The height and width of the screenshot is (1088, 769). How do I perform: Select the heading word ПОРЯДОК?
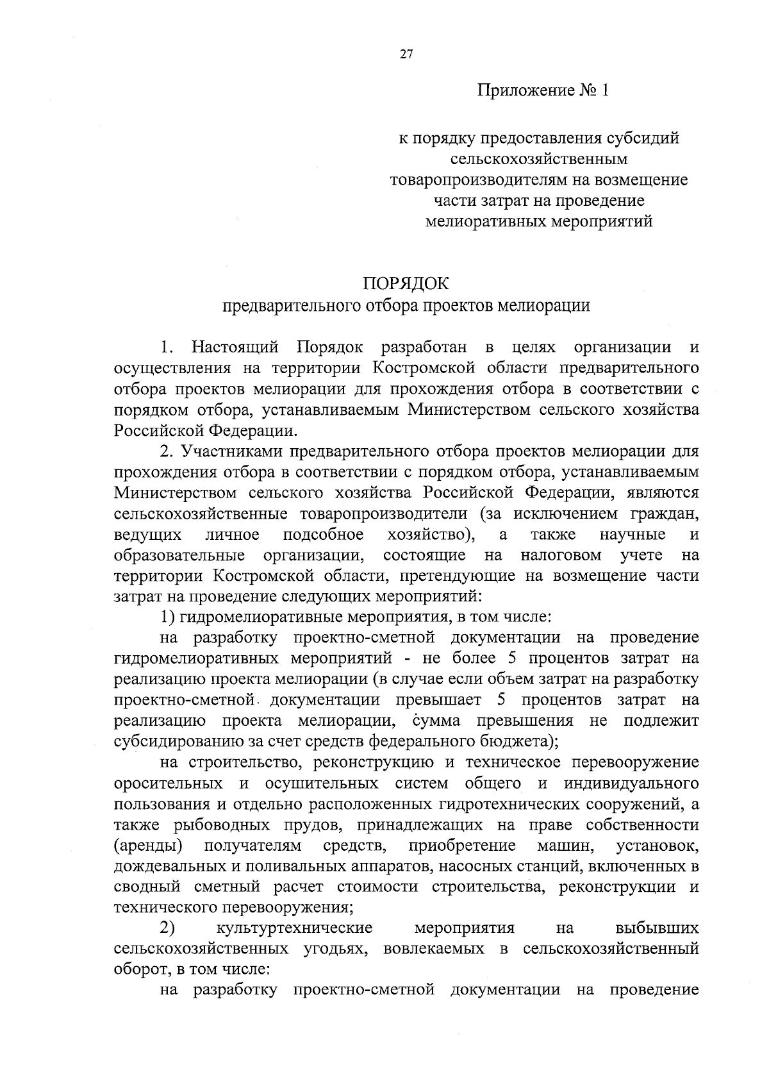pos(406,283)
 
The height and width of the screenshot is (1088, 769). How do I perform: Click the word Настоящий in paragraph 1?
pos(235,347)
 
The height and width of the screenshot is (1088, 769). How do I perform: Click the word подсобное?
pos(324,535)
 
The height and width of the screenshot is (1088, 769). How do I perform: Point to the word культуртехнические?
pos(295,928)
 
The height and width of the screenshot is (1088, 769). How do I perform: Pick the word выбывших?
pos(657,928)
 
